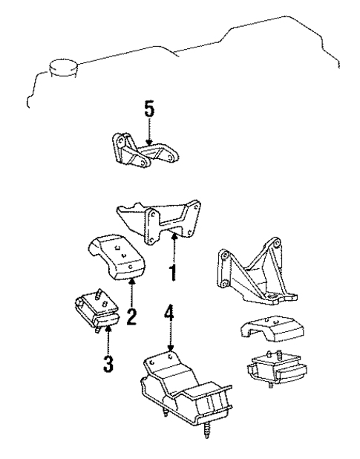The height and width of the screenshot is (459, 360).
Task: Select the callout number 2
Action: tap(131, 318)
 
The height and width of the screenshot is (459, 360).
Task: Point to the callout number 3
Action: tap(108, 364)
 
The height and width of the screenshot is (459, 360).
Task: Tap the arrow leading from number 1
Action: tap(174, 249)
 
